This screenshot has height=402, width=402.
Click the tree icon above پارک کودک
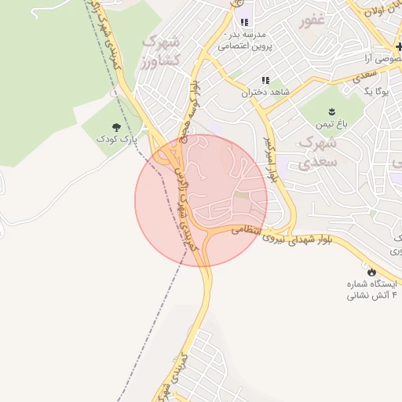coord(117,126)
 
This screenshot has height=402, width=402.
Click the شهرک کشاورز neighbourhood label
coord(163,50)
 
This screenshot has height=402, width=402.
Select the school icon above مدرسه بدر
coord(245,22)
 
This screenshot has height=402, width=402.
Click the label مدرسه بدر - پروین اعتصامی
coord(246,41)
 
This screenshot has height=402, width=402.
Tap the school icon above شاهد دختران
coord(266,79)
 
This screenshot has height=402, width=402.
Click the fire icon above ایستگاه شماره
coord(371,272)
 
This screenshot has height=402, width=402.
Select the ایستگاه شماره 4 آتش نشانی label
coord(373,289)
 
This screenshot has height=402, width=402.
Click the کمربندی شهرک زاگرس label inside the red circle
coord(184,206)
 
